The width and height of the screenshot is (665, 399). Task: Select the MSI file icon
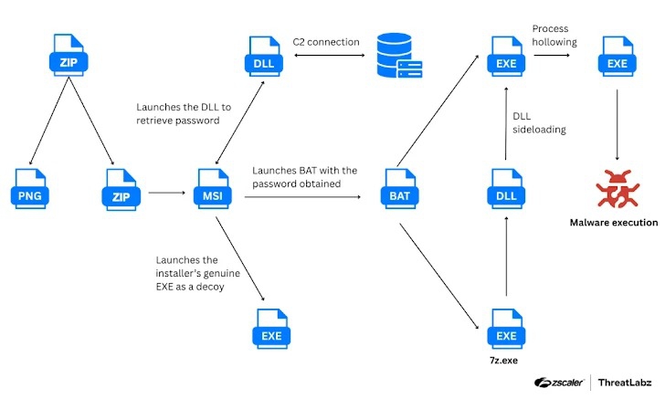pos(206,190)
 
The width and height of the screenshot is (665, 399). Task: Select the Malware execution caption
pos(613,222)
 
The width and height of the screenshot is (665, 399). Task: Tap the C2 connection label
pos(326,42)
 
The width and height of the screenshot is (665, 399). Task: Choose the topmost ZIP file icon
pos(67,57)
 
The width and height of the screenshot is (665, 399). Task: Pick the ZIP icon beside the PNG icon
pos(119,190)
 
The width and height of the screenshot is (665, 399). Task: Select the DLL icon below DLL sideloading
pos(505,190)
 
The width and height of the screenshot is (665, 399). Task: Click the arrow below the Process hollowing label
pos(559,55)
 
